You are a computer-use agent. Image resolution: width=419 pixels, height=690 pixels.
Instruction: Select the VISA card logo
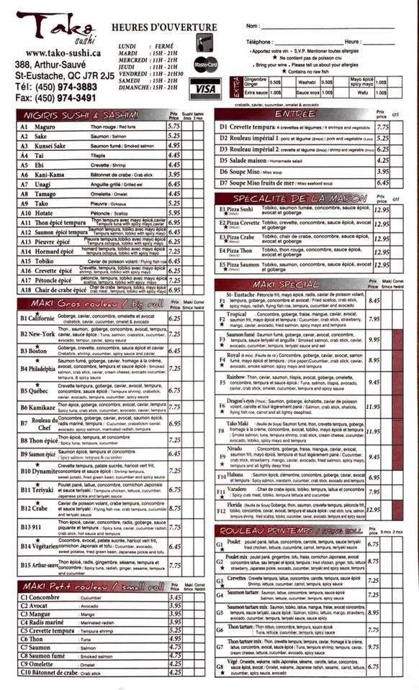[205, 89]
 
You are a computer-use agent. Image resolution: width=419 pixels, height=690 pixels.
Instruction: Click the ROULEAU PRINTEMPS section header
[294, 530]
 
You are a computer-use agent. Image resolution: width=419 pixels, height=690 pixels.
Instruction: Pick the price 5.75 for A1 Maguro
[174, 126]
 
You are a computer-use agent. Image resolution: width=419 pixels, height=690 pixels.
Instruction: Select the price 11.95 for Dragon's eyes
[373, 407]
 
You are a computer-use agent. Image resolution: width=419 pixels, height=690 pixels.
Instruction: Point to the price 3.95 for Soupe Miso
[382, 172]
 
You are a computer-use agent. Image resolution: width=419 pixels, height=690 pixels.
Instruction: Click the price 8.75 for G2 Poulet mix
[373, 561]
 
